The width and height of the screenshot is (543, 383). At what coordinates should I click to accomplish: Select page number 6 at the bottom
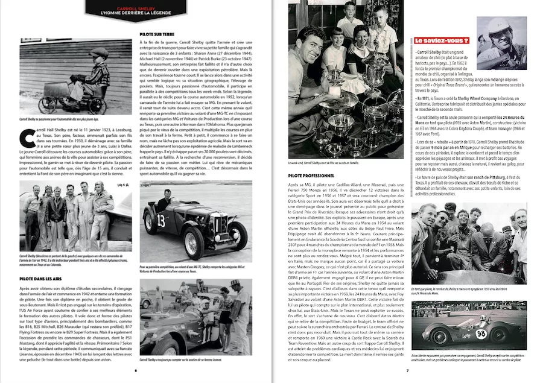point(136,370)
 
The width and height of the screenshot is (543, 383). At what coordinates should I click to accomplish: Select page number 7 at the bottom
point(407,370)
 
